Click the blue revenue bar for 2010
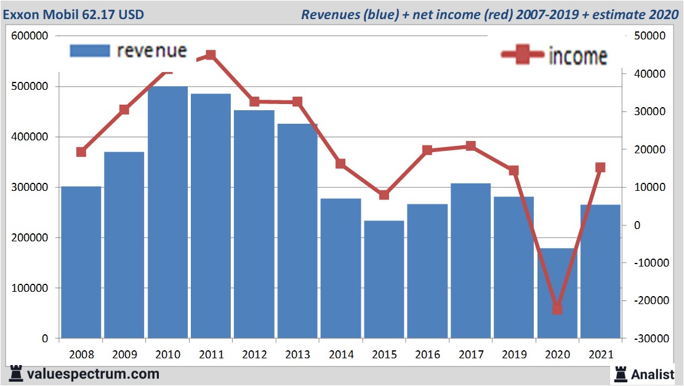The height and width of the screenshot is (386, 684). pyautogui.click(x=167, y=212)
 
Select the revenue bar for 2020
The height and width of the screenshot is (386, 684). pyautogui.click(x=557, y=293)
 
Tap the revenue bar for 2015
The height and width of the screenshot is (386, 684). pyautogui.click(x=384, y=279)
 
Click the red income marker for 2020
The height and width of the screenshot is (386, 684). pyautogui.click(x=557, y=308)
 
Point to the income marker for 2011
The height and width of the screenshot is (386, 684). pyautogui.click(x=211, y=55)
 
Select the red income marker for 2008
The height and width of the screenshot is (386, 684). pyautogui.click(x=81, y=152)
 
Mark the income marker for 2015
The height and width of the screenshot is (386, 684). pyautogui.click(x=384, y=195)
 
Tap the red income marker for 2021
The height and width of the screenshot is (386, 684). pyautogui.click(x=600, y=167)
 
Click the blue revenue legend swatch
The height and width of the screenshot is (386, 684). pyautogui.click(x=90, y=51)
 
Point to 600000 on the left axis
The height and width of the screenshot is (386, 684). pyautogui.click(x=30, y=36)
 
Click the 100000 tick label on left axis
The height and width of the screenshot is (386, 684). pyautogui.click(x=30, y=288)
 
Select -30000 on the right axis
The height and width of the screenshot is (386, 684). pyautogui.click(x=646, y=339)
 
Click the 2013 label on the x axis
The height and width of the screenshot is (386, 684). pyautogui.click(x=297, y=355)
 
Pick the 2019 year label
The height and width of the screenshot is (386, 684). pyautogui.click(x=513, y=355)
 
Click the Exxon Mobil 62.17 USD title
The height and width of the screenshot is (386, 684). pyautogui.click(x=74, y=14)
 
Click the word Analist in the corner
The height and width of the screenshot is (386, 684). pyautogui.click(x=653, y=374)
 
